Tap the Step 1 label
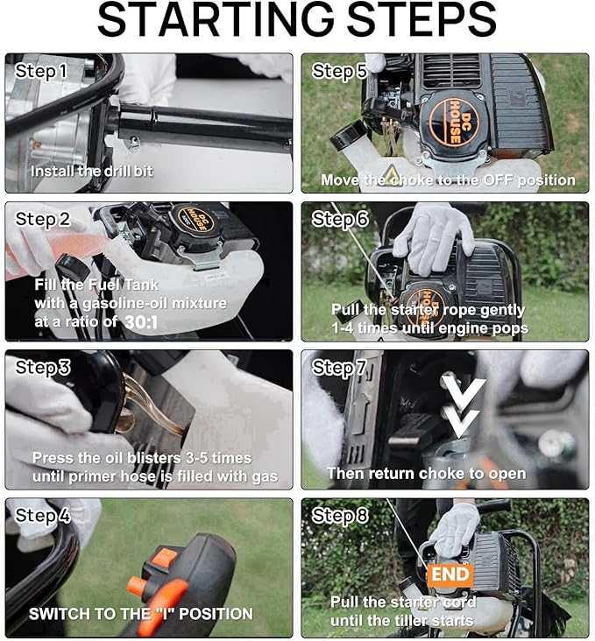[x=40, y=71]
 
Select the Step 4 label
[x=43, y=515]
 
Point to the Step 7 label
[x=338, y=367]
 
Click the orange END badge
[x=450, y=574]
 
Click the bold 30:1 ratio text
[x=141, y=322]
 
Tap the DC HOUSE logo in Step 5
[x=454, y=123]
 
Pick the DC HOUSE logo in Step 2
[x=195, y=219]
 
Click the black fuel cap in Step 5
[x=348, y=137]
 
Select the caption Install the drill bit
[x=92, y=171]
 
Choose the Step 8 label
[x=340, y=515]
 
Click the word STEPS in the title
[x=421, y=20]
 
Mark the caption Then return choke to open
[x=427, y=474]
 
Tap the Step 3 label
[x=43, y=367]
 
